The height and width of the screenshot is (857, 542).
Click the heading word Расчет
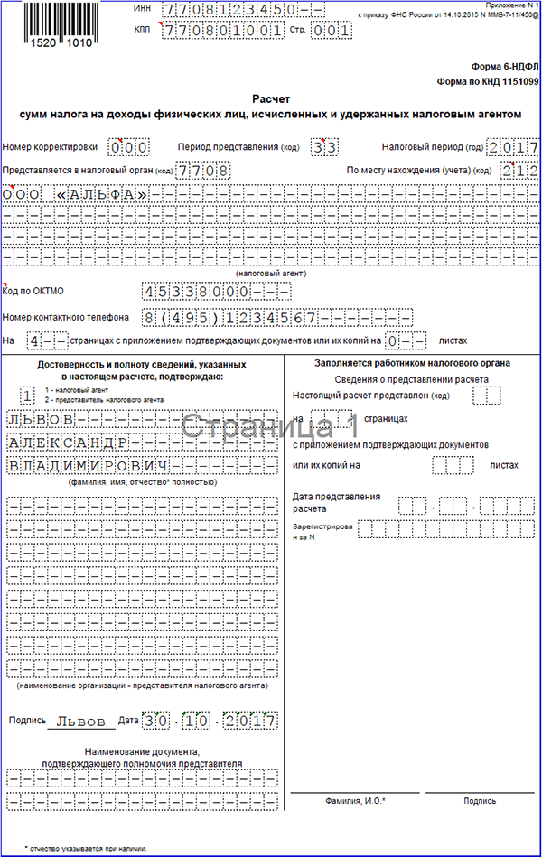pos(271,99)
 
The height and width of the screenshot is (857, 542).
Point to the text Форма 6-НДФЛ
pos(505,67)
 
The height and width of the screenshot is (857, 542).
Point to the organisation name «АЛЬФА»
pos(100,193)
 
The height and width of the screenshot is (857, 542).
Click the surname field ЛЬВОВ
pos(40,420)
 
